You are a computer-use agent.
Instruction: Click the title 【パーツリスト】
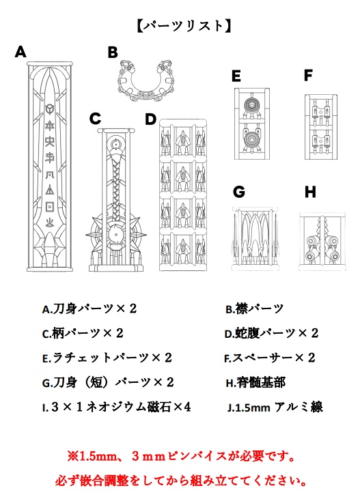point(180,26)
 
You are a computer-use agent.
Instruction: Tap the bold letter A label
point(20,51)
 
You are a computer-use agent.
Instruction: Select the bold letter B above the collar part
point(113,52)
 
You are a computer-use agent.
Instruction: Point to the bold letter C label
point(96,119)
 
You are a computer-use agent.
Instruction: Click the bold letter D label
point(151,119)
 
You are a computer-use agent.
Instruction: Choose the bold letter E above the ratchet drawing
point(236,76)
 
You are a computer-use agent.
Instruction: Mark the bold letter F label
point(308,75)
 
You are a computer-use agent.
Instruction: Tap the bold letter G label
point(238,192)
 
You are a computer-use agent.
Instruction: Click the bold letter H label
point(310,192)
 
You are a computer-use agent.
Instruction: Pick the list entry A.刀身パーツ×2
point(89,309)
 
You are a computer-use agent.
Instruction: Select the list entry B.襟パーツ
point(255,309)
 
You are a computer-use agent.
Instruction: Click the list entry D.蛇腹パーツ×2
point(272,334)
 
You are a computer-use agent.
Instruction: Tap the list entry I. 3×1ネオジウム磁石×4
point(116,407)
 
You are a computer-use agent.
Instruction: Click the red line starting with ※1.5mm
point(180,455)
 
